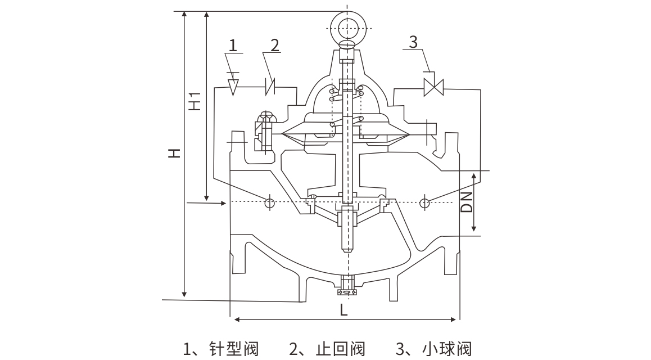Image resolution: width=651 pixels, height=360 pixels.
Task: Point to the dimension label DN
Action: coord(467,202)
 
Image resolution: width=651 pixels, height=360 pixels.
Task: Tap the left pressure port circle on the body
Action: coord(269,202)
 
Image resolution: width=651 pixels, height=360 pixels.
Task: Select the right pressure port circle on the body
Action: coord(425,202)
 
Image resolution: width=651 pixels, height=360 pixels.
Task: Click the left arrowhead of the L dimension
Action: coord(236,319)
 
